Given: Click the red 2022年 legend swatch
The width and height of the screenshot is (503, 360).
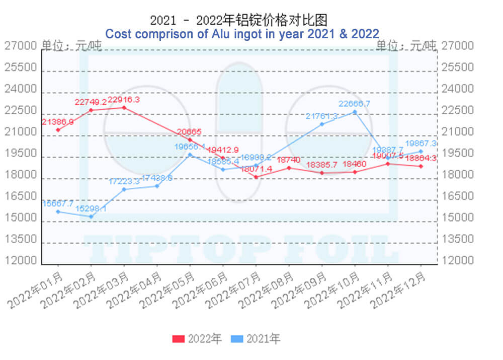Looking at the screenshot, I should tap(179, 339).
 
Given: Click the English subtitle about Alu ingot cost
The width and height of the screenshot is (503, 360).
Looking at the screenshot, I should tap(242, 34).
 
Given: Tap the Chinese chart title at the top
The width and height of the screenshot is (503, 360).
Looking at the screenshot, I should tap(239, 20).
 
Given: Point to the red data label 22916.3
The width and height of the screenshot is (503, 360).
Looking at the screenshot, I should tap(123, 100).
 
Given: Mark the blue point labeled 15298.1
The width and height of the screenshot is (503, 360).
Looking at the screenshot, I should tap(91, 217).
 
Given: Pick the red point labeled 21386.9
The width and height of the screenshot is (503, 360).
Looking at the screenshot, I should tap(58, 130).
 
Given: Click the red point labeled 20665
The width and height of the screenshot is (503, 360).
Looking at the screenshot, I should tap(190, 139).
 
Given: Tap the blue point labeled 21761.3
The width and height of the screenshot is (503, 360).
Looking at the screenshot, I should tap(322, 124).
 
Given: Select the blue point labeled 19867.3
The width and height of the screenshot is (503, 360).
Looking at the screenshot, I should tap(421, 152).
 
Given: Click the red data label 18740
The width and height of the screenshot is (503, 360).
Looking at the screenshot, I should tap(289, 160).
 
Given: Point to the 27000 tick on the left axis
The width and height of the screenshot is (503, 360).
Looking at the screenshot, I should tap(21, 46).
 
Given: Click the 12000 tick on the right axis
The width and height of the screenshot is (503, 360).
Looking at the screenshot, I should tap(457, 261).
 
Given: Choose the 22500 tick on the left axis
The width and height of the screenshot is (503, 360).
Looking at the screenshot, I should tap(21, 111).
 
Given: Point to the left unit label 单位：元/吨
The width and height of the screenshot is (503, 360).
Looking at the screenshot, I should tap(71, 46).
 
